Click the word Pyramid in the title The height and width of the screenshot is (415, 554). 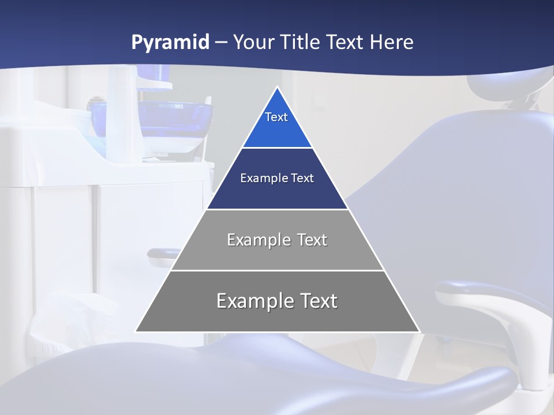pos(170,43)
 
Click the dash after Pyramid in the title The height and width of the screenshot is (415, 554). pos(221,43)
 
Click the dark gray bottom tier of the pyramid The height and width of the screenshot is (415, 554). pos(277,317)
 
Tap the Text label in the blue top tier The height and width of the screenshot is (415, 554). pos(276,117)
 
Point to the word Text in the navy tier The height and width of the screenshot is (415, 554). pos(302,178)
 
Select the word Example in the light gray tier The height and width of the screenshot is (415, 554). pos(259,240)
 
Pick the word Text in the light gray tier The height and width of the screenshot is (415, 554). pos(312,240)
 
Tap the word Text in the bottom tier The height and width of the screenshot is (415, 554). pos(317,301)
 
